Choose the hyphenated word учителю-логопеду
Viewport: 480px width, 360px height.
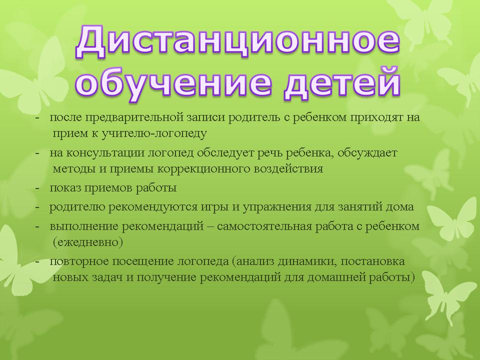coord(153,134)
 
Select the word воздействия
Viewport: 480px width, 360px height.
coord(288,168)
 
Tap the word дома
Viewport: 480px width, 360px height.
coord(399,207)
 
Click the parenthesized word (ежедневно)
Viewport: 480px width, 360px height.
coord(88,242)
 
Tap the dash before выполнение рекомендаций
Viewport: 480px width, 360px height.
coord(37,227)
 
